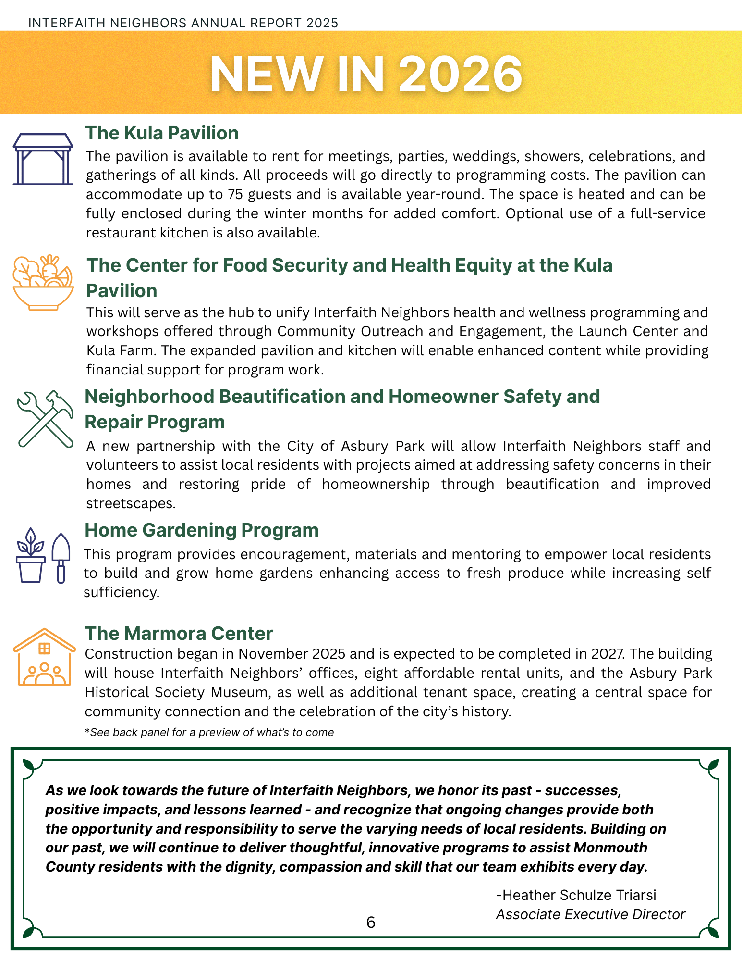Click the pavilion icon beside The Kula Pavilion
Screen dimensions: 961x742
[43, 159]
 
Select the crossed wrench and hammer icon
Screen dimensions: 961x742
[45, 419]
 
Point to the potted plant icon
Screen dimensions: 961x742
[31, 556]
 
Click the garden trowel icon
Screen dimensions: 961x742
[61, 558]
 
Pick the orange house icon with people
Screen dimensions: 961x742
[44, 657]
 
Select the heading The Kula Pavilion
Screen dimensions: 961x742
[162, 133]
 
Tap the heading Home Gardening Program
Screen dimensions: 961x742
[202, 530]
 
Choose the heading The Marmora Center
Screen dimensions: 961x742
[179, 634]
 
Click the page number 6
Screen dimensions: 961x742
[371, 922]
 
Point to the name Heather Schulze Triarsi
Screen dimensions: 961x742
[576, 895]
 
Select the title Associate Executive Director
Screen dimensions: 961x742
[590, 914]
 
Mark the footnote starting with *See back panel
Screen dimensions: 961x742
[209, 732]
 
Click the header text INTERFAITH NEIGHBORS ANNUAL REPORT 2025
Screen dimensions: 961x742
[183, 23]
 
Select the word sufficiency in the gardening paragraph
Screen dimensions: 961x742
[121, 592]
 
